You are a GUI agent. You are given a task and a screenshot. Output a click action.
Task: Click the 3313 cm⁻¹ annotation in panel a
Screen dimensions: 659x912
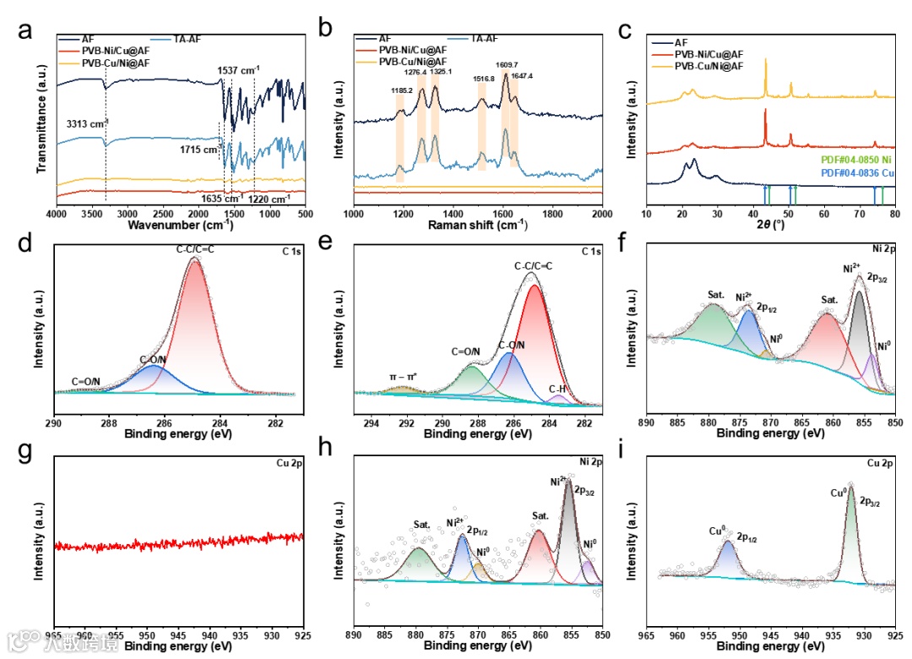click(88, 123)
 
